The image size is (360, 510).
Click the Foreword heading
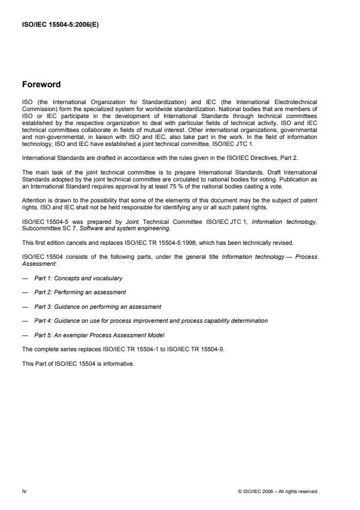[x=41, y=84]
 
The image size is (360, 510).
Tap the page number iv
[x=24, y=491]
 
